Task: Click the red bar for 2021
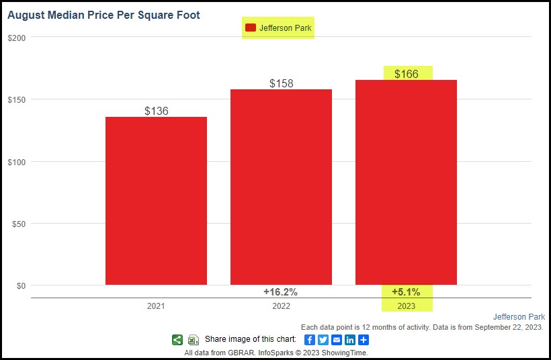pos(156,201)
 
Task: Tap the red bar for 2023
pos(406,182)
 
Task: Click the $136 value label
pos(157,111)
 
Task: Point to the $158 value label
pos(282,83)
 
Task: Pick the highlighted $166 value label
pos(407,74)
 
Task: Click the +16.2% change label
pos(280,292)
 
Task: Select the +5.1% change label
pos(406,292)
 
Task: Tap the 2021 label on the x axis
pos(156,306)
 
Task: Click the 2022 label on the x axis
pos(281,306)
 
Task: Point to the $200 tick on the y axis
pos(17,38)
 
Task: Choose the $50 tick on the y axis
pos(19,224)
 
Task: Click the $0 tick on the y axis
pos(21,285)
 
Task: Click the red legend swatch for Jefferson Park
pos(251,28)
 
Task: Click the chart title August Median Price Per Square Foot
pos(103,15)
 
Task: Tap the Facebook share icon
pos(310,340)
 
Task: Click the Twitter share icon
pos(323,340)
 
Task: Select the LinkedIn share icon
pos(350,340)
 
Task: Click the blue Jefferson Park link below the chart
pos(519,316)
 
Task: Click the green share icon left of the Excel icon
pos(177,340)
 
